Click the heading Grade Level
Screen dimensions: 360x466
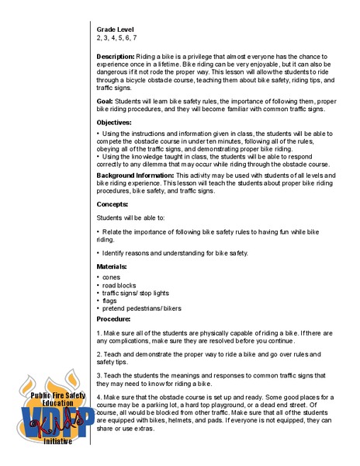click(115, 29)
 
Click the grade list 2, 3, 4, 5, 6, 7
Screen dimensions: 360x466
click(116, 37)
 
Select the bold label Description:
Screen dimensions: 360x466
click(116, 57)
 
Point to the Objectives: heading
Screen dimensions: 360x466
click(114, 123)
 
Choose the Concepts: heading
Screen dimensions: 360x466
click(112, 203)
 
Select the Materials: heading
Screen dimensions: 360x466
click(112, 266)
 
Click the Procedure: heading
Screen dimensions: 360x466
click(113, 318)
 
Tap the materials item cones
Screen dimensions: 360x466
click(112, 276)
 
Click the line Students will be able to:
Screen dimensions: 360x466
click(131, 218)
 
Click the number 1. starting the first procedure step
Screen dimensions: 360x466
click(99, 333)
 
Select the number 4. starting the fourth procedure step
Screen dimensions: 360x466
click(99, 397)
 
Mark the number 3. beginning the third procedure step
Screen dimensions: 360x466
click(99, 376)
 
